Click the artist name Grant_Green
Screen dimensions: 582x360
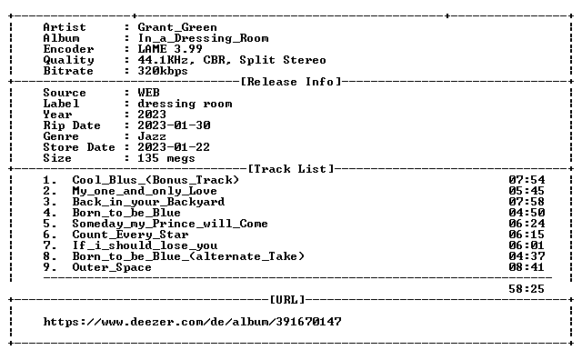(x=177, y=27)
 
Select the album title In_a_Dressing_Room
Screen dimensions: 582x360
(x=203, y=38)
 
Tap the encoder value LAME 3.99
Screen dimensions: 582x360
(x=170, y=49)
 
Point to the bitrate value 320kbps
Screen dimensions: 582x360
(x=163, y=71)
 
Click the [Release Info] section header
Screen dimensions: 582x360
(x=291, y=82)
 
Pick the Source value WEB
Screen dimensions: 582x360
(x=148, y=93)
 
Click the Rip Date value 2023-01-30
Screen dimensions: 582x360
(x=174, y=125)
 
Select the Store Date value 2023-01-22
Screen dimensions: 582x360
(x=174, y=147)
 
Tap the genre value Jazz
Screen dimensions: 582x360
(x=152, y=136)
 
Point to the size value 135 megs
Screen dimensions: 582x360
(x=166, y=158)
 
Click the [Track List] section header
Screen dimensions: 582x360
(x=291, y=169)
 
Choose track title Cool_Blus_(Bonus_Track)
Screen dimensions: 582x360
(x=156, y=180)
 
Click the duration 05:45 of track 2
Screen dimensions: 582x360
(x=527, y=191)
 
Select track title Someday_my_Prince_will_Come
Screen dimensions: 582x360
(x=170, y=224)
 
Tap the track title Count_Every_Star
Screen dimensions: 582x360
(x=130, y=235)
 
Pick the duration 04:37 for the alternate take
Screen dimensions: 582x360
(x=527, y=256)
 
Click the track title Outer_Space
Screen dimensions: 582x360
(x=112, y=267)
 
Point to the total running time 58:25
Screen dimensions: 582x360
(x=527, y=289)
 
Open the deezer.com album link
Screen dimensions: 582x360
(x=192, y=322)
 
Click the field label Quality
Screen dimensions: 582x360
(x=69, y=60)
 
